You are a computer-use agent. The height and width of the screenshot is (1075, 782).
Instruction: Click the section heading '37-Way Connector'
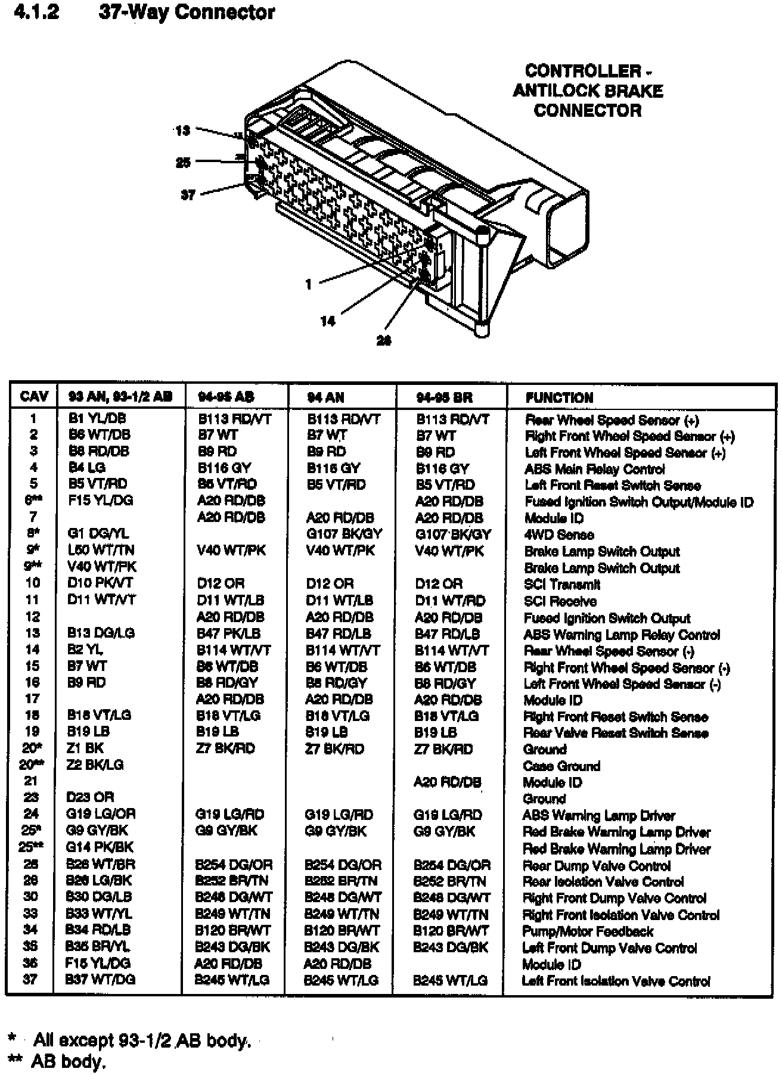pos(187,13)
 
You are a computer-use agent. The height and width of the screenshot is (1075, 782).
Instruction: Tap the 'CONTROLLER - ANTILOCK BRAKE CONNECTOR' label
pos(588,91)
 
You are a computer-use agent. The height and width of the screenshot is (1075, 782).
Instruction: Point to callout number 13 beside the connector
pos(182,131)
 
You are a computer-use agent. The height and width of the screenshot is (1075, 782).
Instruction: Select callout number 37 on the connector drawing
pos(188,195)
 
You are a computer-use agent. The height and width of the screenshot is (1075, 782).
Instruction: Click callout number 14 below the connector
pos(328,321)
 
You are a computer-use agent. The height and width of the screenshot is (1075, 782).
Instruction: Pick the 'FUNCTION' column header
pos(559,397)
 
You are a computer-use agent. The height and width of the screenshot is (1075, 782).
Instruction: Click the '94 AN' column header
pos(325,397)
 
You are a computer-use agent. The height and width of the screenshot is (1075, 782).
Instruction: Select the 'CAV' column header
pos(34,397)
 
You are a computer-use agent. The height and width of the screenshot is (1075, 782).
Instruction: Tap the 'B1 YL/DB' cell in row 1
pos(97,418)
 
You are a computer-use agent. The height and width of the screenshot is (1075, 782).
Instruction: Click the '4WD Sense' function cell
pos(558,535)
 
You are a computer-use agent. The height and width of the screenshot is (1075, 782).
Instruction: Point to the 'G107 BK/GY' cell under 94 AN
pos(344,534)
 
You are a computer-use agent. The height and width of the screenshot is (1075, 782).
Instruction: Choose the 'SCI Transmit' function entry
pos(561,585)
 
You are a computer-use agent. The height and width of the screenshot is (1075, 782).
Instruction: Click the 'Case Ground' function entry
pos(561,766)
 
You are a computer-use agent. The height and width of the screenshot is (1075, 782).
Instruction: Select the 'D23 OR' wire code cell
pos(90,797)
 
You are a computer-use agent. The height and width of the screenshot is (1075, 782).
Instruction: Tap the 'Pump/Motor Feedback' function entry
pos(587,931)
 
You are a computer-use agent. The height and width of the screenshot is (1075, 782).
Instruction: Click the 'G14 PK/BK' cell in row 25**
pos(100,847)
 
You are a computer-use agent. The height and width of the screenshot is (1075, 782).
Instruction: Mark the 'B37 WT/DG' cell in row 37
pos(100,979)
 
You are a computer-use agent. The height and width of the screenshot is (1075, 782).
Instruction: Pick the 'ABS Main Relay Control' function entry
pos(594,469)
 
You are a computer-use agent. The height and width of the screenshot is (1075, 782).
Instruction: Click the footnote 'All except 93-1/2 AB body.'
pos(142,1040)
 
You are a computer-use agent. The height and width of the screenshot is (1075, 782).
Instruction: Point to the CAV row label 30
pos(30,897)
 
